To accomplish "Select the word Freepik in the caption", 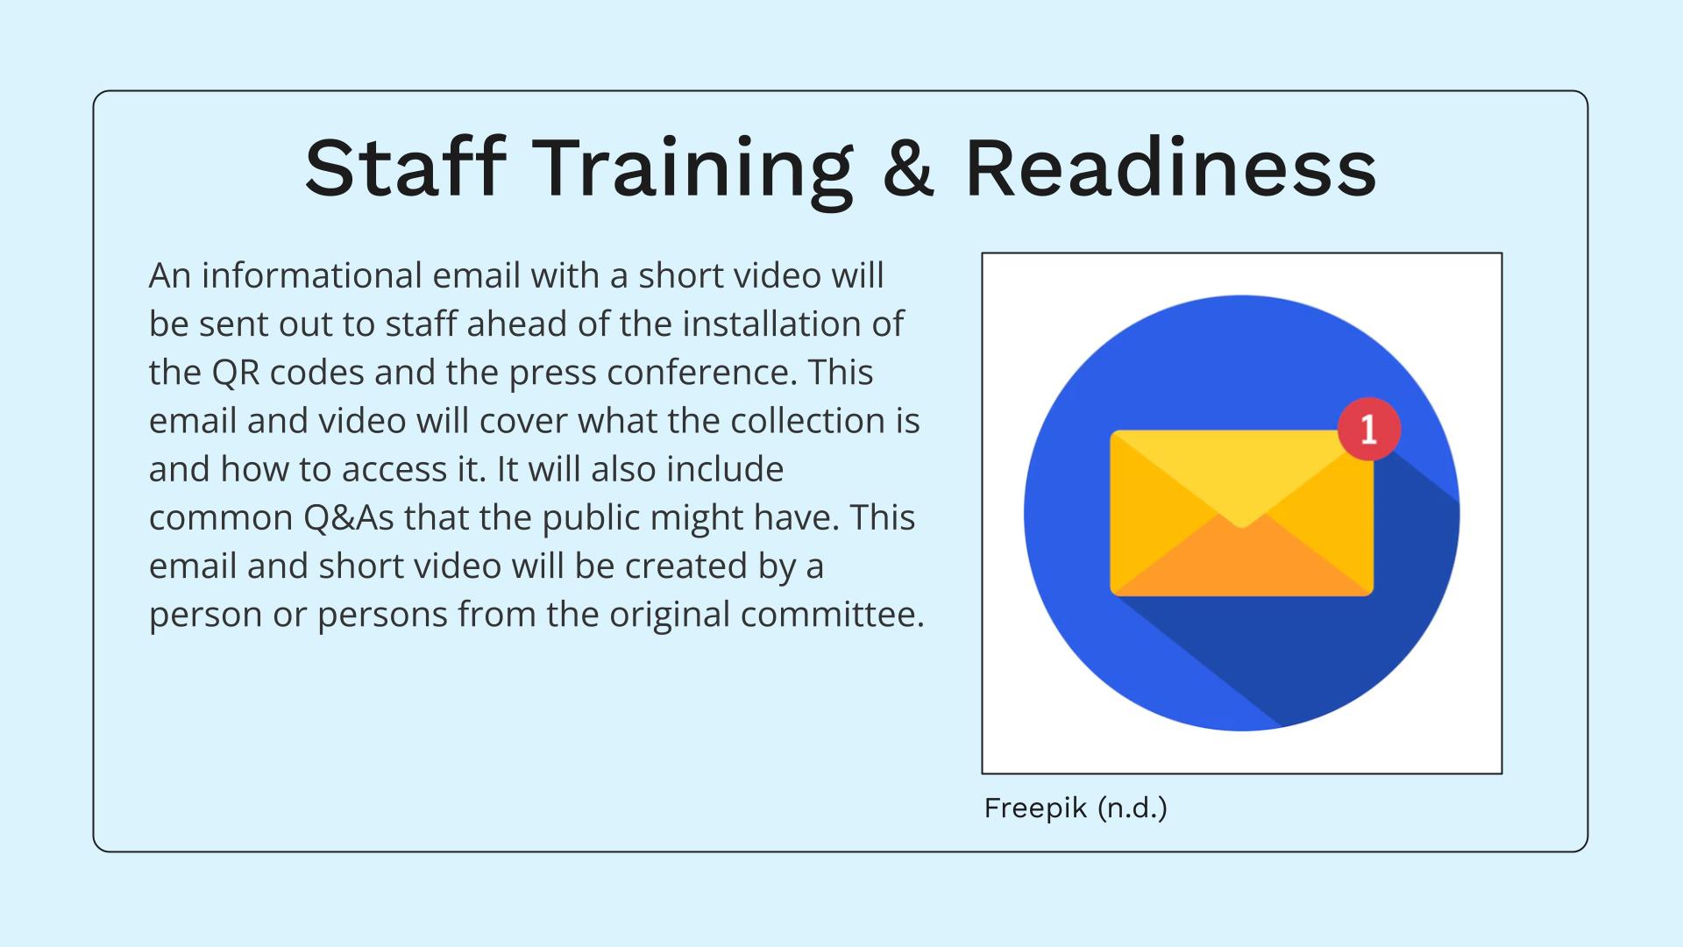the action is (1035, 808).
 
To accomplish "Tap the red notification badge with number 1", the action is (1368, 429).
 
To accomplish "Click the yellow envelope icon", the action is (1241, 513).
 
